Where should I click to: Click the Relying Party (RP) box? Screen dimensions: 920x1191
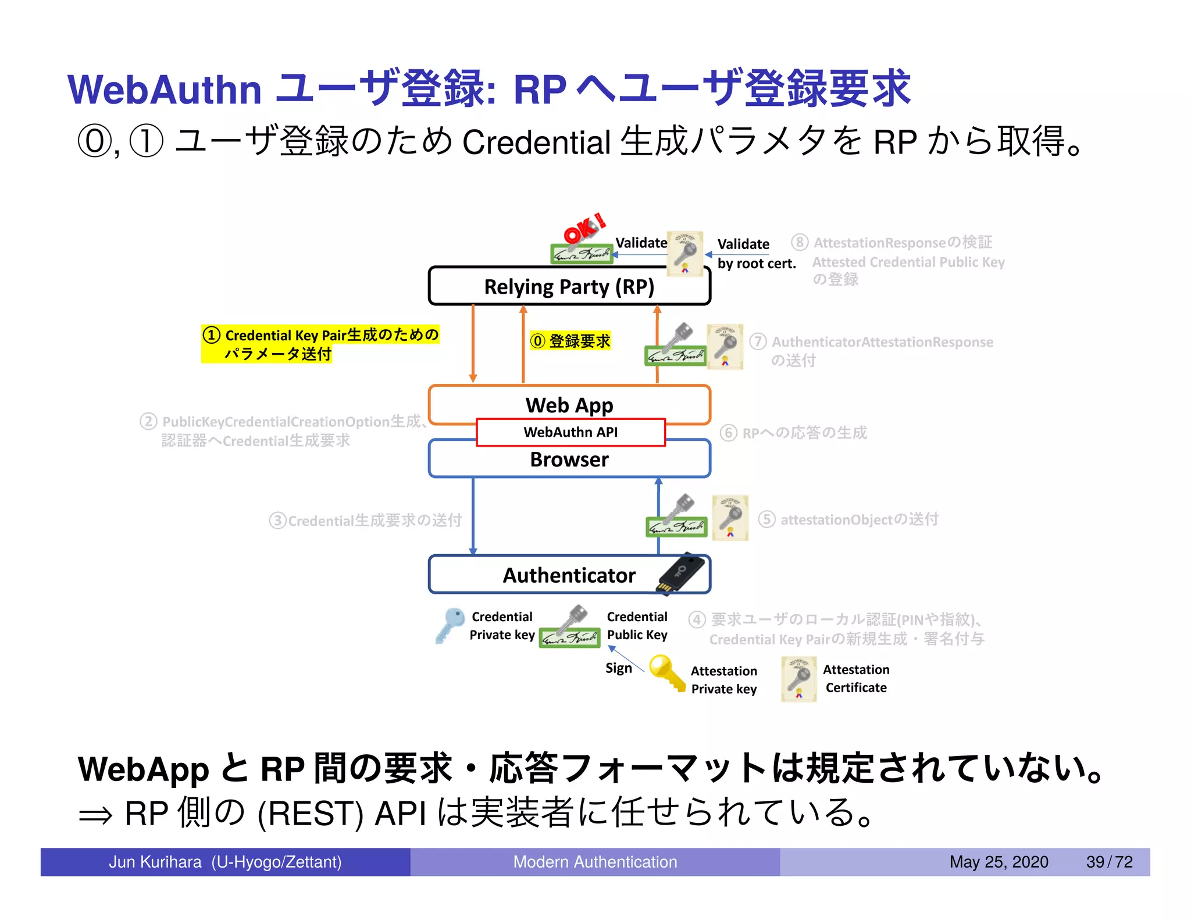click(x=569, y=287)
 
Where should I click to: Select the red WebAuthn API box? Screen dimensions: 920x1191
click(x=570, y=432)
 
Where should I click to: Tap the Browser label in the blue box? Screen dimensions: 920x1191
click(x=569, y=459)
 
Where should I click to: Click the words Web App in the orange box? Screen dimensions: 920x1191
click(x=569, y=405)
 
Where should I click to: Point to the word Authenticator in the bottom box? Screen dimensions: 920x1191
click(x=569, y=575)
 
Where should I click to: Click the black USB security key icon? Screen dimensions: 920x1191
click(x=683, y=573)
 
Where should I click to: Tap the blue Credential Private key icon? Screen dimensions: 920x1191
click(x=450, y=625)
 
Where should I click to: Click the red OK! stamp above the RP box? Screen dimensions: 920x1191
click(x=584, y=229)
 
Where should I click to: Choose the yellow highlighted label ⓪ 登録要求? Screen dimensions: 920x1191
click(x=570, y=341)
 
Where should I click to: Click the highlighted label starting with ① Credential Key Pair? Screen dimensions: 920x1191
click(x=320, y=344)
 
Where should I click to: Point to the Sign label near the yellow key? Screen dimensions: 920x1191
click(x=618, y=668)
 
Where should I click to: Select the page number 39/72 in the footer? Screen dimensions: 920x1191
click(x=1109, y=862)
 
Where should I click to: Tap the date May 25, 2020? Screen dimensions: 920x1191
click(x=999, y=862)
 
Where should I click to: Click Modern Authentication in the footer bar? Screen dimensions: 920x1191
click(x=594, y=862)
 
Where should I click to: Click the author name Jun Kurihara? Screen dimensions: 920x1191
click(x=155, y=862)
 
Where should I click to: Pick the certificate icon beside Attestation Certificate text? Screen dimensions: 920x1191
click(x=798, y=679)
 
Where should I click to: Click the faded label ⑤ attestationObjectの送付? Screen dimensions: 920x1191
click(x=850, y=519)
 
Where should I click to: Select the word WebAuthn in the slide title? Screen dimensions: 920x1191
click(x=165, y=90)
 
